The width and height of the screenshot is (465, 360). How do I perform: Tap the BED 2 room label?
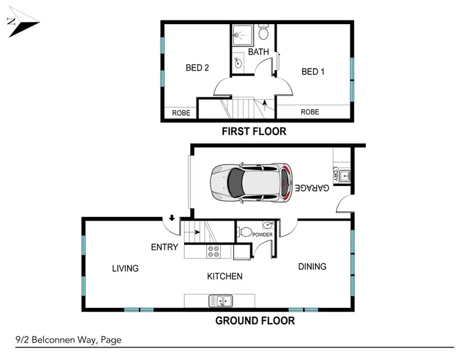197,68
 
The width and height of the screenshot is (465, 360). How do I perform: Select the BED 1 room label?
313,72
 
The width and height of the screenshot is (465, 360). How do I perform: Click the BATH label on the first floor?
259,52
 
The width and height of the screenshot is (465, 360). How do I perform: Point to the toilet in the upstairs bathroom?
263,32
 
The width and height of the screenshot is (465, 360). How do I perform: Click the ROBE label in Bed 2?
182,113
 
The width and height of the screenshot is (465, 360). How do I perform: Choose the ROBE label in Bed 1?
310,112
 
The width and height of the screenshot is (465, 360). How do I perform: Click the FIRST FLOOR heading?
254,131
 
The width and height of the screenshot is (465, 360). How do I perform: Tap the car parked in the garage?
250,183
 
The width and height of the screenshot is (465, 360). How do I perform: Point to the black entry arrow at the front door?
170,218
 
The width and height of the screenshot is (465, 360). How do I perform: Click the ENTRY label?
164,247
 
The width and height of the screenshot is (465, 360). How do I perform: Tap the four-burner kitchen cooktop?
214,252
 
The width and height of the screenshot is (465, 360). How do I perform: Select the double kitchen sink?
221,301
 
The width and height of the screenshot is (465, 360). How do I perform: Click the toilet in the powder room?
246,233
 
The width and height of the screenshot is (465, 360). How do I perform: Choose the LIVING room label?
125,268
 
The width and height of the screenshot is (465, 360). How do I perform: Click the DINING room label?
312,266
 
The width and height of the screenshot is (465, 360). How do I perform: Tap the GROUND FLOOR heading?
254,320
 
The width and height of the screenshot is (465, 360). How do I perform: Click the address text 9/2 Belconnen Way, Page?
68,340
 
